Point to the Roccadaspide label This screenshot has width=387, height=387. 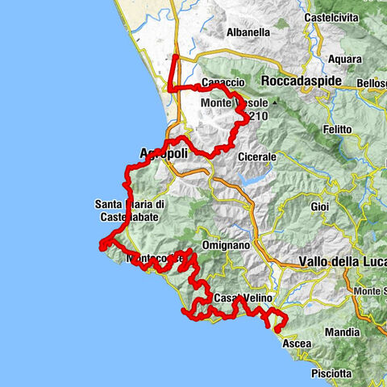pyautogui.click(x=302, y=81)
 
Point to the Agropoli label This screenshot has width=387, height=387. pyautogui.click(x=164, y=152)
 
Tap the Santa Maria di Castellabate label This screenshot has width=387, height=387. pyautogui.click(x=131, y=210)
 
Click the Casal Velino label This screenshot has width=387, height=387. pyautogui.click(x=242, y=298)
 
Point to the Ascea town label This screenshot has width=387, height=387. pyautogui.click(x=296, y=343)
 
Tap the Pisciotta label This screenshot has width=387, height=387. pyautogui.click(x=331, y=373)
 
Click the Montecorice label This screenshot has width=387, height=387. pyautogui.click(x=155, y=258)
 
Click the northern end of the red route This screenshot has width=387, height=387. pyautogui.click(x=176, y=57)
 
